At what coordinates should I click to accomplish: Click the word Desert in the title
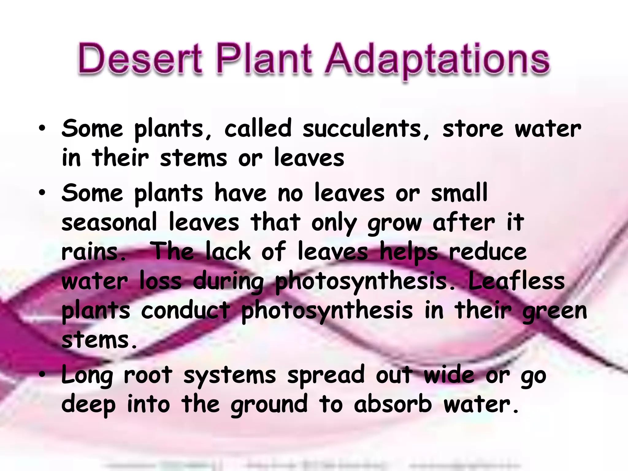point(140,59)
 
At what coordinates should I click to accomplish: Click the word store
point(473,129)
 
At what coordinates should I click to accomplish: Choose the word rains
point(94,252)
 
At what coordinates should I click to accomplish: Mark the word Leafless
point(516,281)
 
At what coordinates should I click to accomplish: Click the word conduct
point(186,310)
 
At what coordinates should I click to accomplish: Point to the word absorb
point(393,404)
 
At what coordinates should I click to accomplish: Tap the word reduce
point(488,252)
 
